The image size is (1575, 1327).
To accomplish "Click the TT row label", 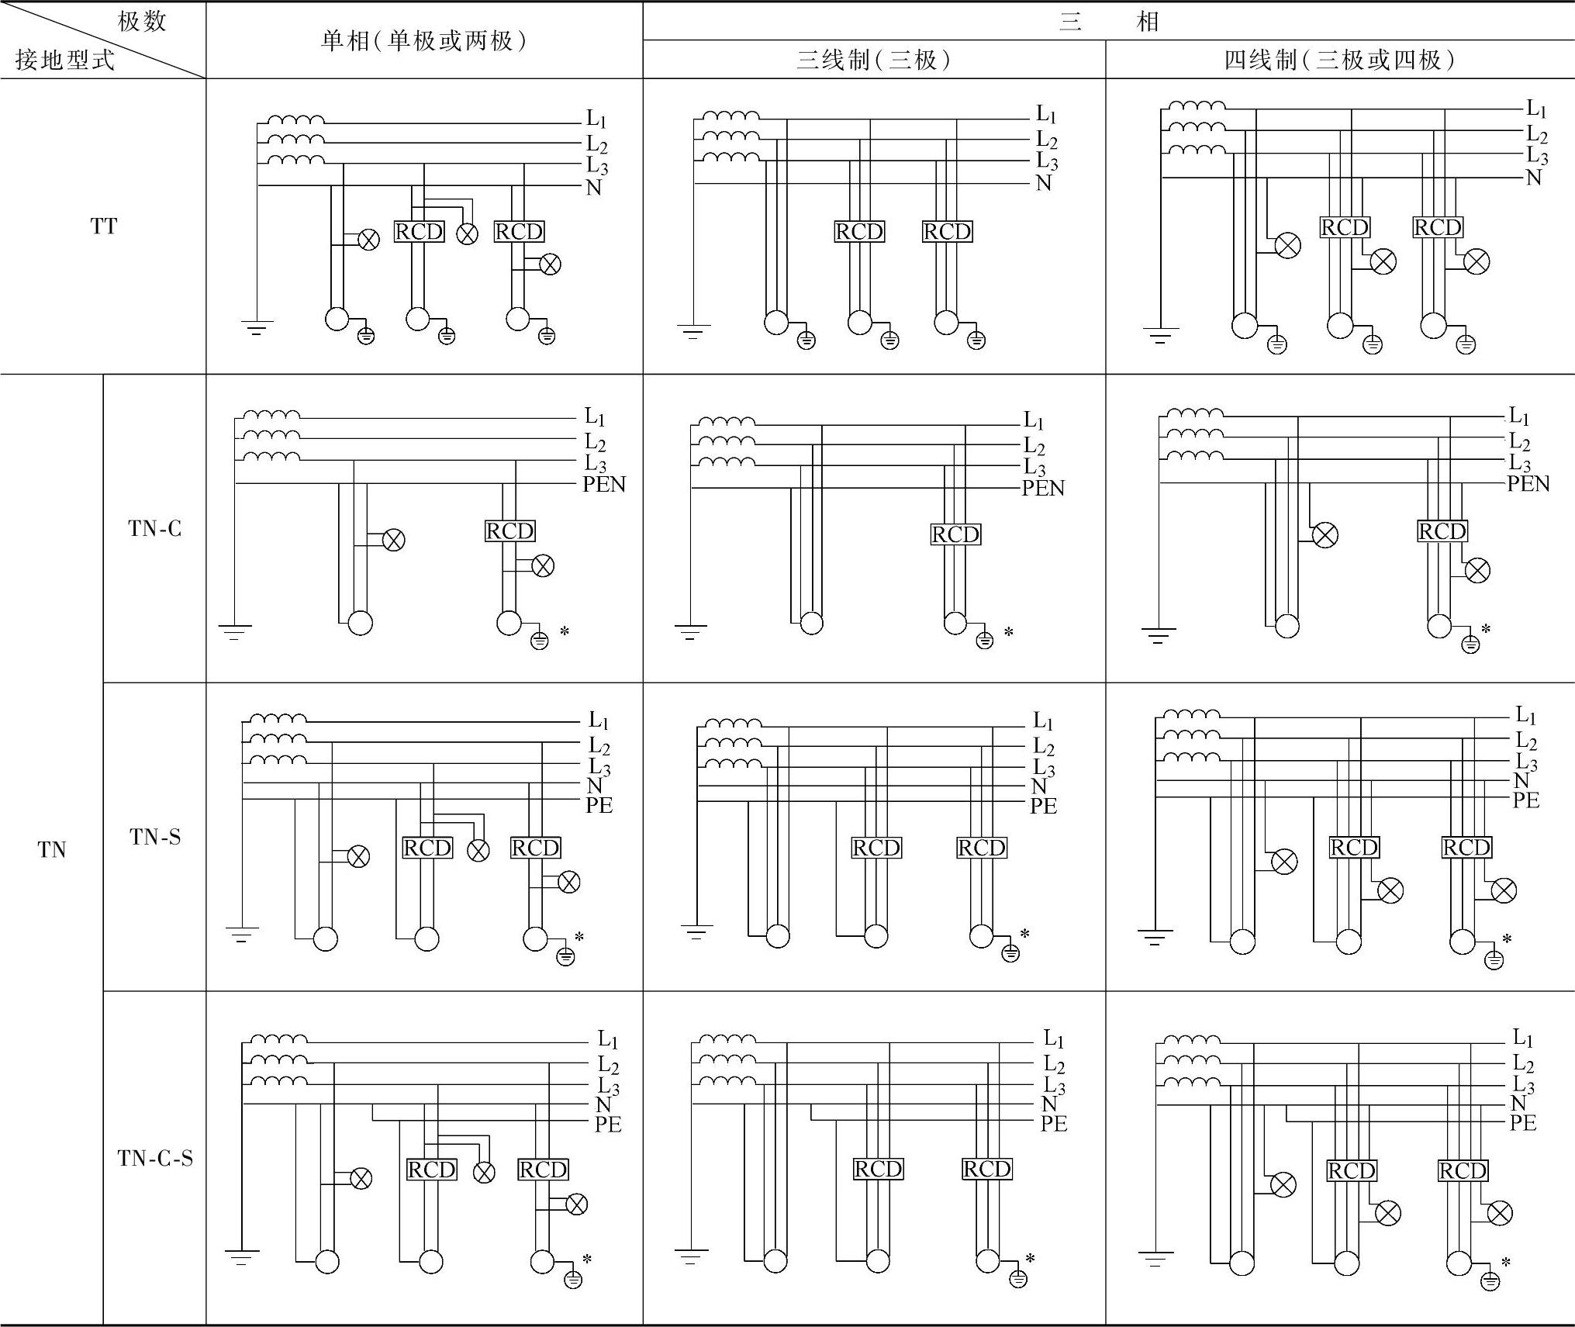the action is point(103,226).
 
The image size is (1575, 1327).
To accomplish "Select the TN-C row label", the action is point(154,528).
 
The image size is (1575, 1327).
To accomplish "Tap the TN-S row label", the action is point(154,836).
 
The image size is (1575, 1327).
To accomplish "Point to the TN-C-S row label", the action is point(155,1158).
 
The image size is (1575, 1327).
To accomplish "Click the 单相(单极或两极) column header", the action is point(424,40).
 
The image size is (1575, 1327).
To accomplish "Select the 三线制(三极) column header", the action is point(874,60).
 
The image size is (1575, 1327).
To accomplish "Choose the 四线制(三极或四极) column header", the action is point(1339,60).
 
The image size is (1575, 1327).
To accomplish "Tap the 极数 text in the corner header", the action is point(142,21).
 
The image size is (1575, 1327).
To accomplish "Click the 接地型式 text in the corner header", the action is point(65,60).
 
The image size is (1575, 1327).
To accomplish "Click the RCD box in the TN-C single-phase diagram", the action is point(509,530).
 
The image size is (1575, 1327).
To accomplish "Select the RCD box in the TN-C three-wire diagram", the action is point(955,534).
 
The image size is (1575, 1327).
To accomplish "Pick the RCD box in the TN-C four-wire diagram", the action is point(1442,531).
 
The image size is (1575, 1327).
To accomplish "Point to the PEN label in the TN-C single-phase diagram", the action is point(603,485).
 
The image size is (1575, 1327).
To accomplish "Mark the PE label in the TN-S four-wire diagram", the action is point(1525,800).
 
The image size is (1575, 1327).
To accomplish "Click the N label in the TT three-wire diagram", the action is point(1044,184).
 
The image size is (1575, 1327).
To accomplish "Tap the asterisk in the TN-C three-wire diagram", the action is point(1009,633).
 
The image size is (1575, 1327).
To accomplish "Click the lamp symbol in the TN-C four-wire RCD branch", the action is point(1477,571).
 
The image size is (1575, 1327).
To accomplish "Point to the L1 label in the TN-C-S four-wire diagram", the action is point(1523,1038).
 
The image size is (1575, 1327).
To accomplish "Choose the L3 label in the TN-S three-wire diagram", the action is point(1045,769).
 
